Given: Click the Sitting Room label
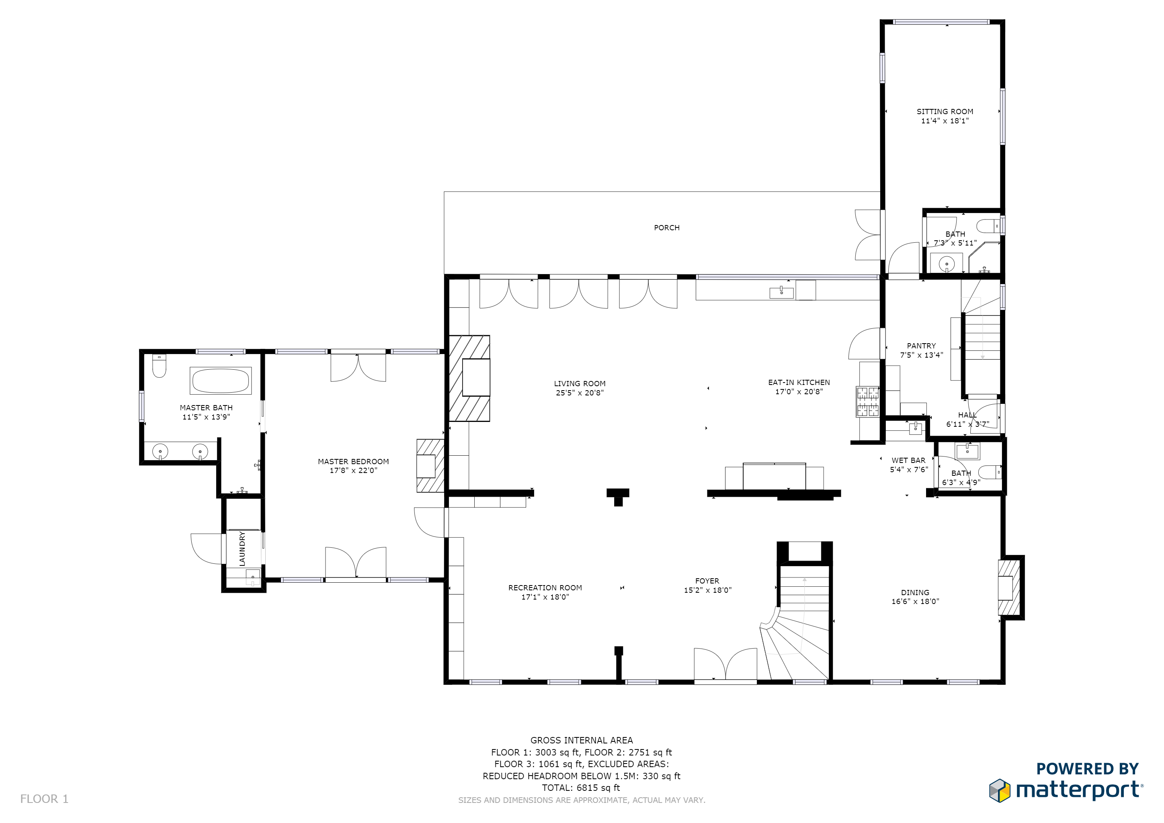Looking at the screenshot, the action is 945,111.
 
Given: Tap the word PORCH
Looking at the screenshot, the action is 667,228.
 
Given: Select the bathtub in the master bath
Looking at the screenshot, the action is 221,381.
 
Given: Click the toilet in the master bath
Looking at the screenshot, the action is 159,366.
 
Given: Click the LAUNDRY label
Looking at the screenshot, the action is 242,549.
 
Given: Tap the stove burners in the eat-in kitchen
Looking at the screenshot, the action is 867,402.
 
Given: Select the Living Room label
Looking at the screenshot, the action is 580,384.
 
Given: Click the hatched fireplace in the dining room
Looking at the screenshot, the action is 1008,588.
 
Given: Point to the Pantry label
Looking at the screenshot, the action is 921,346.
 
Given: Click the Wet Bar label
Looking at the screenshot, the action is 908,461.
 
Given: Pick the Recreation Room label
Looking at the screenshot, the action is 545,588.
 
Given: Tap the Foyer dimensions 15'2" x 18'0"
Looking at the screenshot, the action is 708,590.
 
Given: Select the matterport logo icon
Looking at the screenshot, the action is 1000,790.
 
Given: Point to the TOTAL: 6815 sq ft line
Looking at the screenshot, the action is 581,788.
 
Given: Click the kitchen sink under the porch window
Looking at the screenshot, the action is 781,292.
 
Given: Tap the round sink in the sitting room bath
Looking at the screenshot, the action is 946,264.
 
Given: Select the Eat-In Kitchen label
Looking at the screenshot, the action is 799,383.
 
